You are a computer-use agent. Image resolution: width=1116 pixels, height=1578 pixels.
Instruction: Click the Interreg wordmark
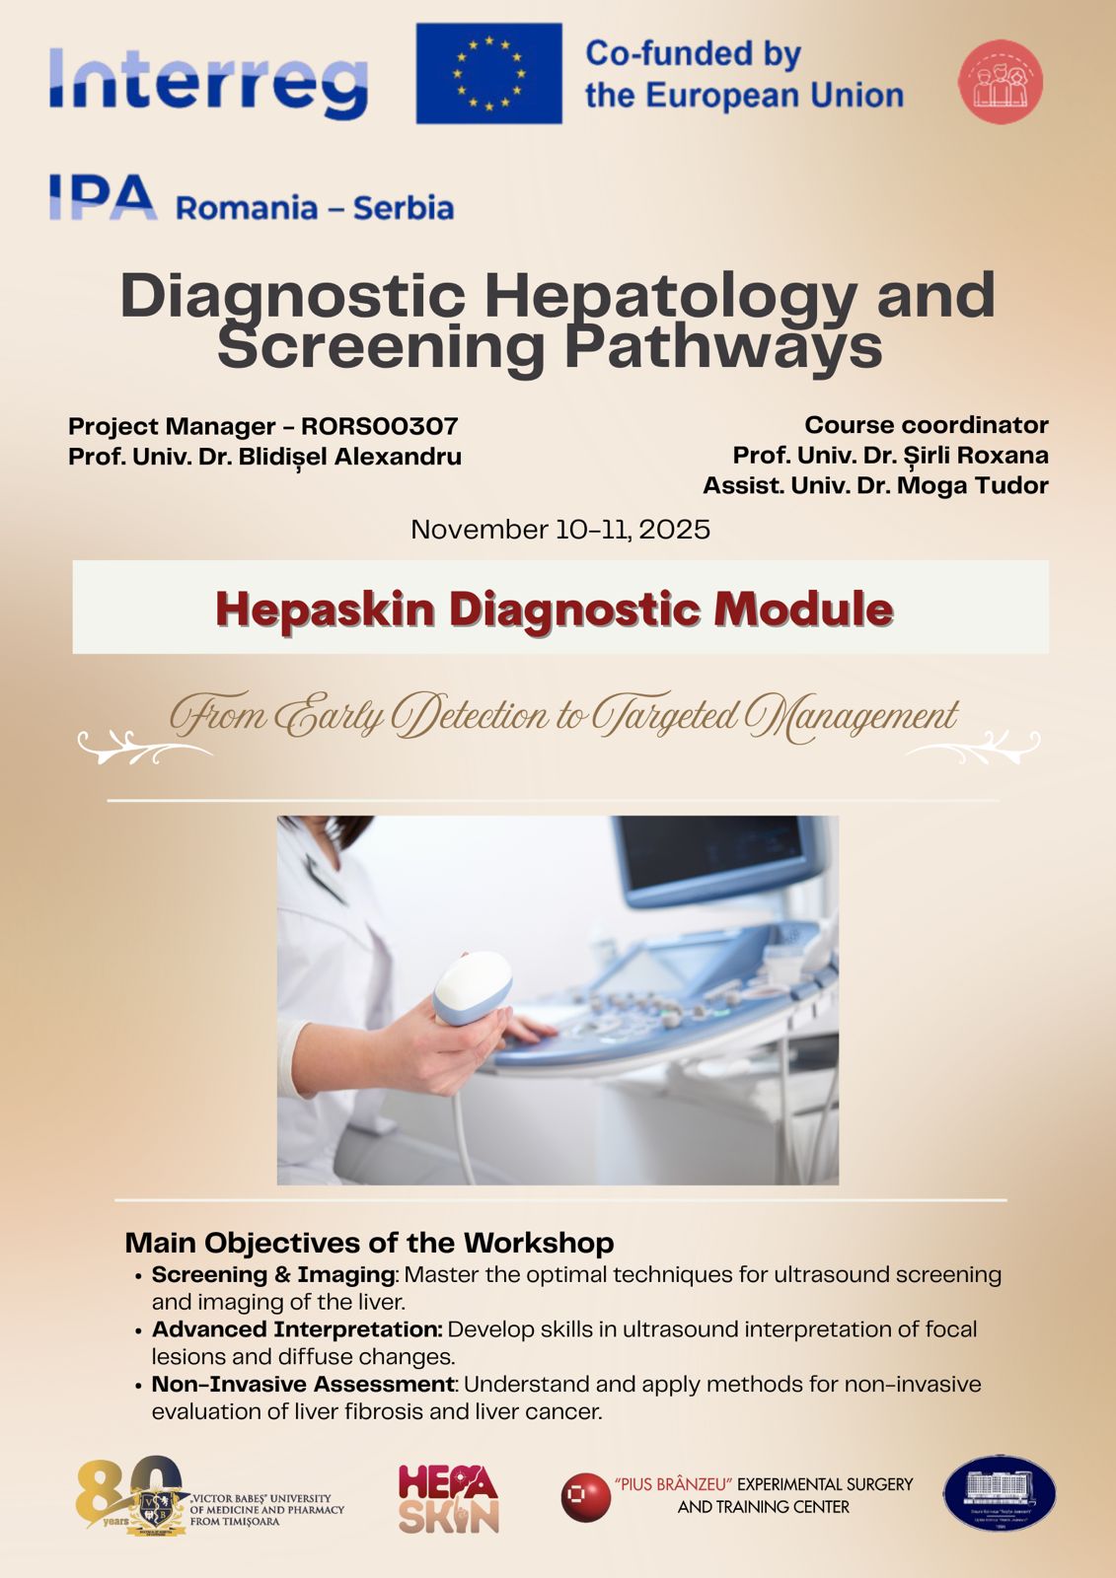pyautogui.click(x=208, y=82)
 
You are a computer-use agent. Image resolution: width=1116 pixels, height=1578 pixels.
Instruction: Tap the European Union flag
pyautogui.click(x=488, y=74)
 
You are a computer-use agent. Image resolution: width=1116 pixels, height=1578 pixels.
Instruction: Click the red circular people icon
pyautogui.click(x=1000, y=82)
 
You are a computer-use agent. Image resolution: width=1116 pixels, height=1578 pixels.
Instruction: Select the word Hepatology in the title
pyautogui.click(x=671, y=296)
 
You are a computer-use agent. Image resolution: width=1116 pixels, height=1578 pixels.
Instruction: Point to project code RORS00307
pyautogui.click(x=380, y=426)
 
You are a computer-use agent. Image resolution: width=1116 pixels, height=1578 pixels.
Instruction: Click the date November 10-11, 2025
pyautogui.click(x=559, y=530)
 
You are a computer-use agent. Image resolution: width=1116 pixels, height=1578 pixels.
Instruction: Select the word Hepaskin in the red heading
pyautogui.click(x=325, y=609)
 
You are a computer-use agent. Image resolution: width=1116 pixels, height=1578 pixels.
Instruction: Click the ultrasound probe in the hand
pyautogui.click(x=475, y=987)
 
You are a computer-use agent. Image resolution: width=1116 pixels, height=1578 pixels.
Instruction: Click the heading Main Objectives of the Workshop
pyautogui.click(x=369, y=1243)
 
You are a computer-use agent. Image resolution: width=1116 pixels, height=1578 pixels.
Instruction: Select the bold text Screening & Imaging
pyautogui.click(x=272, y=1274)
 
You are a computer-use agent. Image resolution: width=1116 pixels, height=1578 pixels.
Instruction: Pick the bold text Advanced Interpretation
pyautogui.click(x=296, y=1329)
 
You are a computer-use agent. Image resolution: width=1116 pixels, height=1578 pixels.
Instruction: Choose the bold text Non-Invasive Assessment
pyautogui.click(x=303, y=1384)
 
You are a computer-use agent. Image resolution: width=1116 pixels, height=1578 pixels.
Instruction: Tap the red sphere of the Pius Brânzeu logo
pyautogui.click(x=585, y=1497)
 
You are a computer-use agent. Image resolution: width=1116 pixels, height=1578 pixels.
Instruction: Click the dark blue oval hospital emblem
pyautogui.click(x=999, y=1493)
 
